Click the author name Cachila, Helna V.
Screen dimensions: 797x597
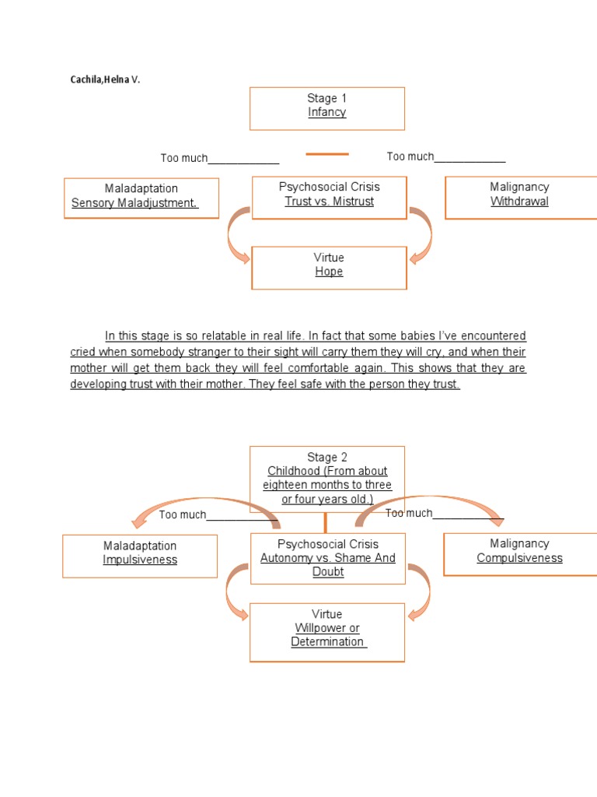(106, 79)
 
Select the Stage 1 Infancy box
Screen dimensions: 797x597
(326, 108)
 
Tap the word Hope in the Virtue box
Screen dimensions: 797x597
(329, 272)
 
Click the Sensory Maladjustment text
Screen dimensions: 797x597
(134, 203)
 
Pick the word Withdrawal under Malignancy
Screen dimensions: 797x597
(519, 202)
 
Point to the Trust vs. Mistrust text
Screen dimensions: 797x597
(329, 202)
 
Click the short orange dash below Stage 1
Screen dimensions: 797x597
(327, 154)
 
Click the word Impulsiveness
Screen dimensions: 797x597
(140, 560)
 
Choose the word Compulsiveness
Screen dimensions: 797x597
(519, 558)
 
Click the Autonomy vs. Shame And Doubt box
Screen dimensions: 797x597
(327, 558)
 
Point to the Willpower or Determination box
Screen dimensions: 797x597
(327, 632)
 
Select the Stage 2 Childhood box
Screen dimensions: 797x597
(327, 478)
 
